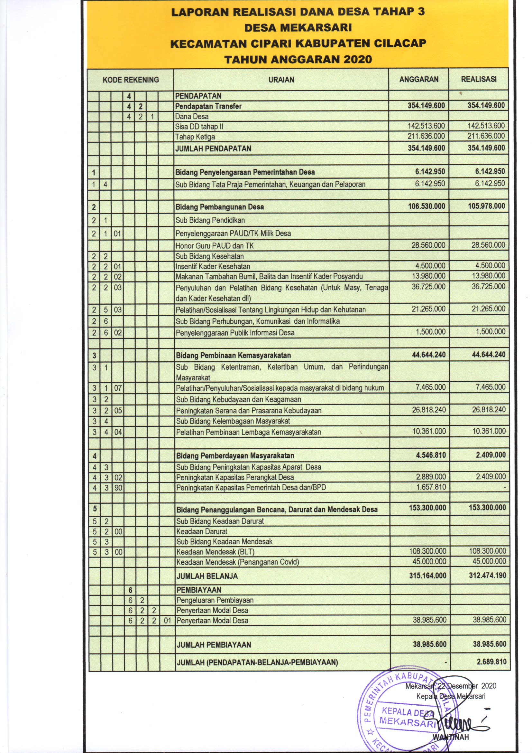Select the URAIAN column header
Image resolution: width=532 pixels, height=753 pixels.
281,80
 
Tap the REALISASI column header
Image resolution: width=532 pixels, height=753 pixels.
479,79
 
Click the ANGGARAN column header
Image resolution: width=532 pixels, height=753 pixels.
419,79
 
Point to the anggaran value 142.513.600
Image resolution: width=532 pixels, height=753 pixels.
426,126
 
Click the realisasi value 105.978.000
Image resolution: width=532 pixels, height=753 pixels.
486,206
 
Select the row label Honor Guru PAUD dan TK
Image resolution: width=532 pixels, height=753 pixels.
215,246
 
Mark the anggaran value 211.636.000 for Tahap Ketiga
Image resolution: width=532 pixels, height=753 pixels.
426,136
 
